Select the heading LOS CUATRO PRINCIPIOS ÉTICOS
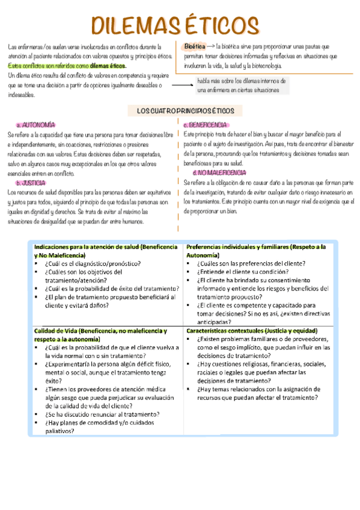click(x=181, y=111)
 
